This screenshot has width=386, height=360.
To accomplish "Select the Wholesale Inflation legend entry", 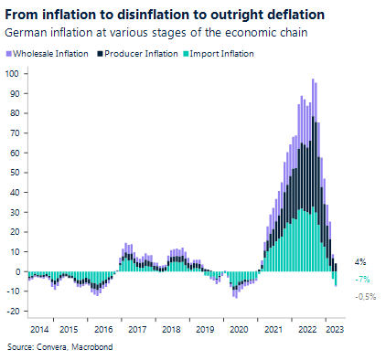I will [x=50, y=54].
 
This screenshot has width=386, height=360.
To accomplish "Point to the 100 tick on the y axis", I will [x=14, y=73].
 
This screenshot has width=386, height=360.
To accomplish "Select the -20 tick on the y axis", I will [x=14, y=311].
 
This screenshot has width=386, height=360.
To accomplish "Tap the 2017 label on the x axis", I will [x=138, y=327].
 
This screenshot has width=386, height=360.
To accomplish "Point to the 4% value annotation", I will [x=360, y=261].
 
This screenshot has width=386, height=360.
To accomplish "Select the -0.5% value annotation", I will [x=365, y=296].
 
